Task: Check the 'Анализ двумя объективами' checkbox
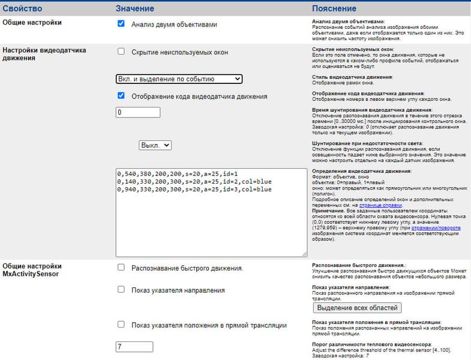click(121, 24)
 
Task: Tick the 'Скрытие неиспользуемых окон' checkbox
click(121, 52)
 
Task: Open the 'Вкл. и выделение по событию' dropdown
click(179, 79)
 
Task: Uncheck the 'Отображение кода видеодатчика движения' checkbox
click(121, 95)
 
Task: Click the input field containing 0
click(138, 112)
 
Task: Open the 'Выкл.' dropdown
click(155, 145)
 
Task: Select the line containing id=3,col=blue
click(194, 190)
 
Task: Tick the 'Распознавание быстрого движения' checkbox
click(121, 267)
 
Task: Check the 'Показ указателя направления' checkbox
click(121, 290)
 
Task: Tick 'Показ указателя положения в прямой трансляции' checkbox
click(121, 325)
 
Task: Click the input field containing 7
click(138, 346)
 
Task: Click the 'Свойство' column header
click(22, 8)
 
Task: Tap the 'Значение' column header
click(136, 8)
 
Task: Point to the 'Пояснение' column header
click(334, 8)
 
